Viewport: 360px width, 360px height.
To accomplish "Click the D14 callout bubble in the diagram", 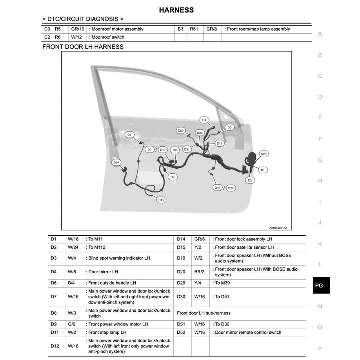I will click(116, 162).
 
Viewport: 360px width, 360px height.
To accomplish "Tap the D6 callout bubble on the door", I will click(129, 135).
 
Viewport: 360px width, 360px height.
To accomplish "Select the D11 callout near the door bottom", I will click(161, 200).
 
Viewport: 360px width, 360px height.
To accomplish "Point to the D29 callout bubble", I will click(264, 154).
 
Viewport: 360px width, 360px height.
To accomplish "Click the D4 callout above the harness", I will click(204, 120).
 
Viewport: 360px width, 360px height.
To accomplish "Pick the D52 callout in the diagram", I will click(180, 131).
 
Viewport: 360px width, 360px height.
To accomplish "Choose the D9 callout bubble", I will click(173, 177).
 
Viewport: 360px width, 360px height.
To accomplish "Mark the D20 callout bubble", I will click(231, 188).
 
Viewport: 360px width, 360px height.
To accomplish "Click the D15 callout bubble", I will click(219, 144).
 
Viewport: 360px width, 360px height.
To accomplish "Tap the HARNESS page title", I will click(176, 10).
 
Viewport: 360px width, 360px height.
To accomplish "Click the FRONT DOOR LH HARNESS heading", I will click(83, 47).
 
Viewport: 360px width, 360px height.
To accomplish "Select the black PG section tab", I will click(319, 285).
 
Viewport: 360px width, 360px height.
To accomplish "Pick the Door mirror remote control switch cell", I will click(248, 332).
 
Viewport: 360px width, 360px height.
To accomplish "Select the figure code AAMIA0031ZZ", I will click(278, 227).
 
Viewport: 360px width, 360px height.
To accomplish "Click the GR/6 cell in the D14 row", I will click(200, 239).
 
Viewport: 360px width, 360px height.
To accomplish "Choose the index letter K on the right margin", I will click(320, 244).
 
